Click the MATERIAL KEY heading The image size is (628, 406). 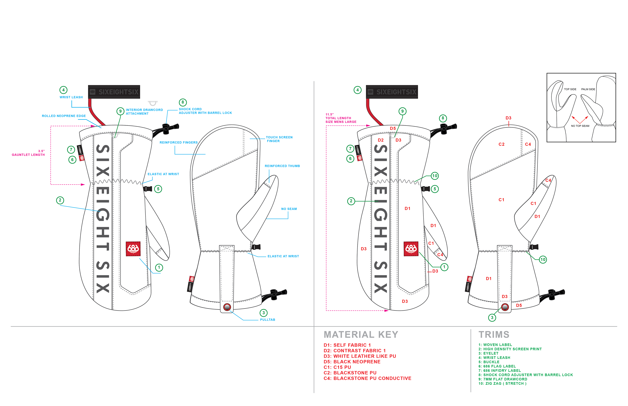pos(361,335)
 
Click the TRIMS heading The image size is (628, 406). pos(494,335)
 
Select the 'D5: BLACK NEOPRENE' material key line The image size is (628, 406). pos(352,362)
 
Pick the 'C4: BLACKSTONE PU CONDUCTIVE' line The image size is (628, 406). pos(367,378)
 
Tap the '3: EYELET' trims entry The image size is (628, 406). pos(488,353)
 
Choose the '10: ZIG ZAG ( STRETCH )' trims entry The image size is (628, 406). pos(502,384)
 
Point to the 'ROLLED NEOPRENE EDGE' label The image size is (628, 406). pos(64,116)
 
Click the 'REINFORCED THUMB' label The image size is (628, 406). pos(282,166)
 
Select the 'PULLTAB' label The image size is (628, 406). pos(268,320)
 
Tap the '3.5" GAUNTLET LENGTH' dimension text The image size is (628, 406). pos(28,153)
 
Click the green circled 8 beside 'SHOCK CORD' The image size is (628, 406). pos(183,102)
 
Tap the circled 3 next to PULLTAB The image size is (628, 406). pos(263,313)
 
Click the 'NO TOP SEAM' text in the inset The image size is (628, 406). pos(580,126)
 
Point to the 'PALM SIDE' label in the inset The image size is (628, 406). pos(588,89)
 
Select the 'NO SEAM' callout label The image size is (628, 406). pos(289,209)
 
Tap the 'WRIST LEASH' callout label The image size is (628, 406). pos(71,97)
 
